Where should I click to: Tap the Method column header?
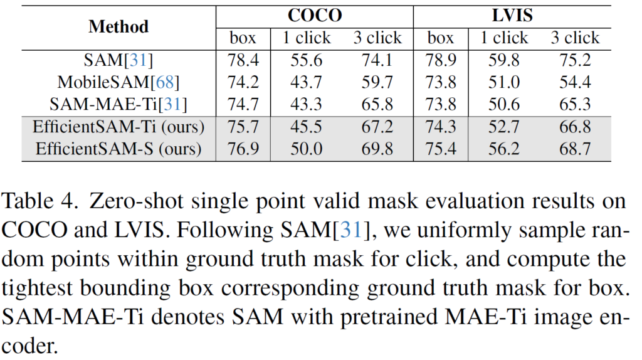(118, 26)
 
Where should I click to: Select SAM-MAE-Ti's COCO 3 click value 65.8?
(377, 104)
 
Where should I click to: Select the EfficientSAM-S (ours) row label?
(118, 149)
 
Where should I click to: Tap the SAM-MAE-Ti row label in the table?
(118, 104)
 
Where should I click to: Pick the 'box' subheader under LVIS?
(441, 38)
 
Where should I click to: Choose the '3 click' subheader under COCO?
(377, 38)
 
